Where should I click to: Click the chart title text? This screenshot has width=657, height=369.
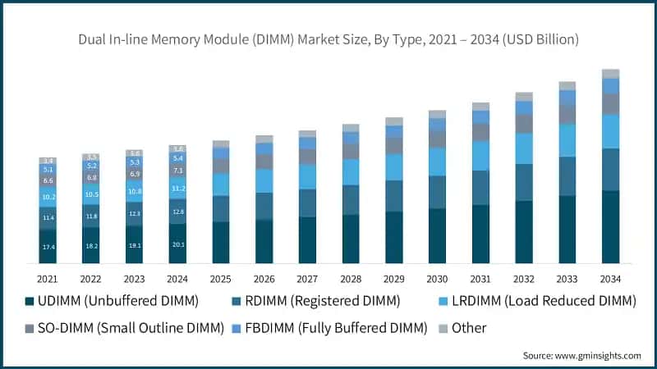(x=328, y=39)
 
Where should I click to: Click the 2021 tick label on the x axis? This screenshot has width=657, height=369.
(x=48, y=278)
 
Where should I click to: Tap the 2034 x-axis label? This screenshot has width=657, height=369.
(x=610, y=278)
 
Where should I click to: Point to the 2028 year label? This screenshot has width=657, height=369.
(x=351, y=278)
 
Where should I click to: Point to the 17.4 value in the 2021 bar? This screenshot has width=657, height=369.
(x=48, y=247)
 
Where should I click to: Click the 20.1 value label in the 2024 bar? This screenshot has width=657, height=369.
(x=177, y=244)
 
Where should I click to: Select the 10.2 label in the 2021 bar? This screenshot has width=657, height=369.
(x=48, y=197)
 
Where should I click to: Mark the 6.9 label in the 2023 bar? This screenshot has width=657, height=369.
(x=135, y=174)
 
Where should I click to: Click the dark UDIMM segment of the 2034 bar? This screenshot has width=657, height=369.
(x=610, y=226)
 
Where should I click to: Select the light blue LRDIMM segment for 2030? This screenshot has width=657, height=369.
(x=438, y=162)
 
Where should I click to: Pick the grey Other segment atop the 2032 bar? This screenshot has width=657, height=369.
(x=524, y=97)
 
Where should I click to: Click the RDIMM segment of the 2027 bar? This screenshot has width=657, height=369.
(x=307, y=203)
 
